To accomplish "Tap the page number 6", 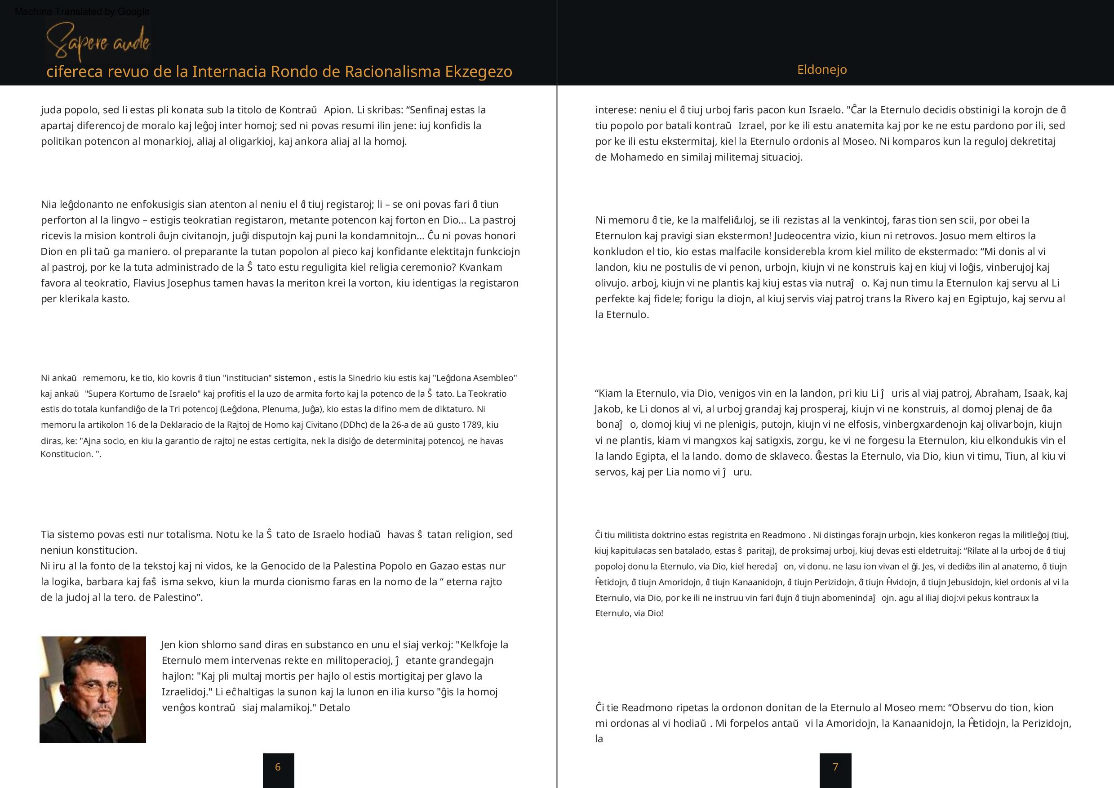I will [x=278, y=767].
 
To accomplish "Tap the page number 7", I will [x=835, y=767].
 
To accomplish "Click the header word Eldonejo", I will [x=822, y=70].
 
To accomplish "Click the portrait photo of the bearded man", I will [x=93, y=689].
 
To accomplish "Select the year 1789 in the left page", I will [x=472, y=425].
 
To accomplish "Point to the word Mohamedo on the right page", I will [x=633, y=157].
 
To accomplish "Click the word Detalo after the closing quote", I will [x=334, y=708].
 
